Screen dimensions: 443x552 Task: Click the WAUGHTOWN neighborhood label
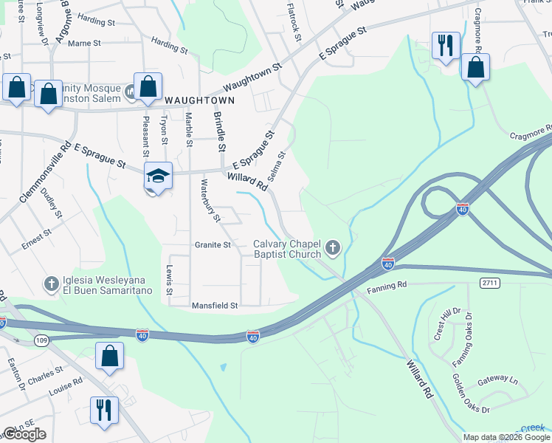pos(199,100)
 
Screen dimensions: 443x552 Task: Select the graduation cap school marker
pos(158,176)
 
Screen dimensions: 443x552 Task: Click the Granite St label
pos(213,244)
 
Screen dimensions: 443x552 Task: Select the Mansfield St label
pos(215,304)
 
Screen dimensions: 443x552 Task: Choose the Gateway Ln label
pos(498,380)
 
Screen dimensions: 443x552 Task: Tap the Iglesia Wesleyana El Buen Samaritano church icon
pos(51,283)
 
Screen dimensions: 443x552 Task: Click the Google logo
pos(25,434)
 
